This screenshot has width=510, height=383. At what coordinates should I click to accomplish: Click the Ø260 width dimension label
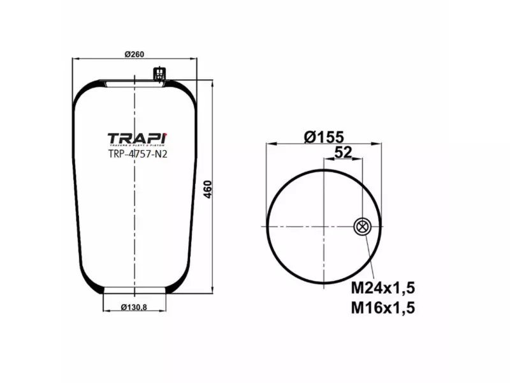coord(133,54)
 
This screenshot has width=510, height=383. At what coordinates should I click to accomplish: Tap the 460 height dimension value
coord(207,189)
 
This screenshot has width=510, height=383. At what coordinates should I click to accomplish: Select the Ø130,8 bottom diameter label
coord(134,308)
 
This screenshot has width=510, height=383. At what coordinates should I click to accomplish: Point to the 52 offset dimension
coord(343,152)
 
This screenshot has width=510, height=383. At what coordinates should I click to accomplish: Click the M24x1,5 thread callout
coord(383,287)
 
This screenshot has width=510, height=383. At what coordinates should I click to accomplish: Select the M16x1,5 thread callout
coord(383,308)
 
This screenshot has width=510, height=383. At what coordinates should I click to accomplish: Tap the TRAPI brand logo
coord(136,138)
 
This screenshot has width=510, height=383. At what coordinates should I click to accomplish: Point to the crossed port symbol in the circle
coord(361,226)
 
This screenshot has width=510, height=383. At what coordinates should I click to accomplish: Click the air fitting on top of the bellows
coord(157,74)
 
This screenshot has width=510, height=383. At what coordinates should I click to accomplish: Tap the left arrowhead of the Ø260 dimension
coord(75,59)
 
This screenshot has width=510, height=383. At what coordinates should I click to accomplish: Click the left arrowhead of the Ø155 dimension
coord(268,144)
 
